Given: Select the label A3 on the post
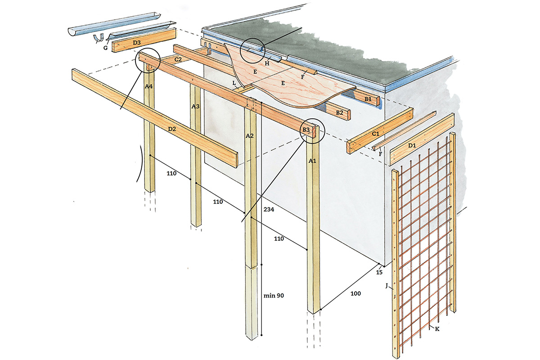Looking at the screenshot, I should coord(195,107).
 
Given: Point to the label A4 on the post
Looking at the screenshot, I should coord(149,87).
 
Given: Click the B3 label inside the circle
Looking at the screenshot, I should coord(306,130).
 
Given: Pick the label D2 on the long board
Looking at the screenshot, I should coord(172,129).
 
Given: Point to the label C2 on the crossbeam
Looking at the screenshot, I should coord(178,59).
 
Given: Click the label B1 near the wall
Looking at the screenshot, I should coord(368,99).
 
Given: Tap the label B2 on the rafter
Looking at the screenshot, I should coord(340,112).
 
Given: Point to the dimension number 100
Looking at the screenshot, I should coord(355,293).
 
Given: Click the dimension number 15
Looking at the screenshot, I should coord(379,272).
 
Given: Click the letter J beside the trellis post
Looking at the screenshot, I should coord(387,284).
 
